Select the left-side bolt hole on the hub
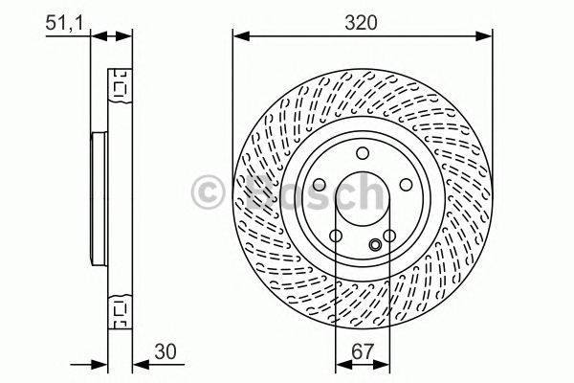coord(317,185)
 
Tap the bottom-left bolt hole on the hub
coord(334,238)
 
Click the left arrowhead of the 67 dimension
coord(342,364)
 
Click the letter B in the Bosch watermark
coord(249,193)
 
